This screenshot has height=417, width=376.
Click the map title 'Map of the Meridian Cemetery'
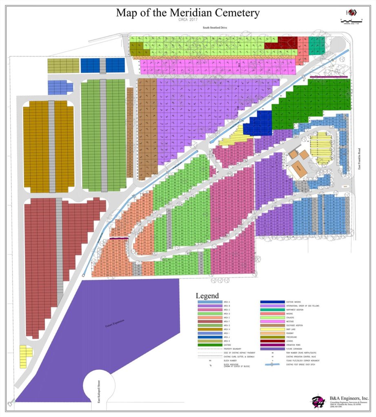coord(188,13)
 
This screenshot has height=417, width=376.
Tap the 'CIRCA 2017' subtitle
coord(188,20)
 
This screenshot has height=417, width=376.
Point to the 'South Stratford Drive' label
coord(215,28)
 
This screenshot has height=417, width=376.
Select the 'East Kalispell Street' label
coord(98,395)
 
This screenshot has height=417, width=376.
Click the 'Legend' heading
coord(207,296)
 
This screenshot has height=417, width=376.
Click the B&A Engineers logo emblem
coord(317,402)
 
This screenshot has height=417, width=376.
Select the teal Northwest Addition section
coord(316,42)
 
